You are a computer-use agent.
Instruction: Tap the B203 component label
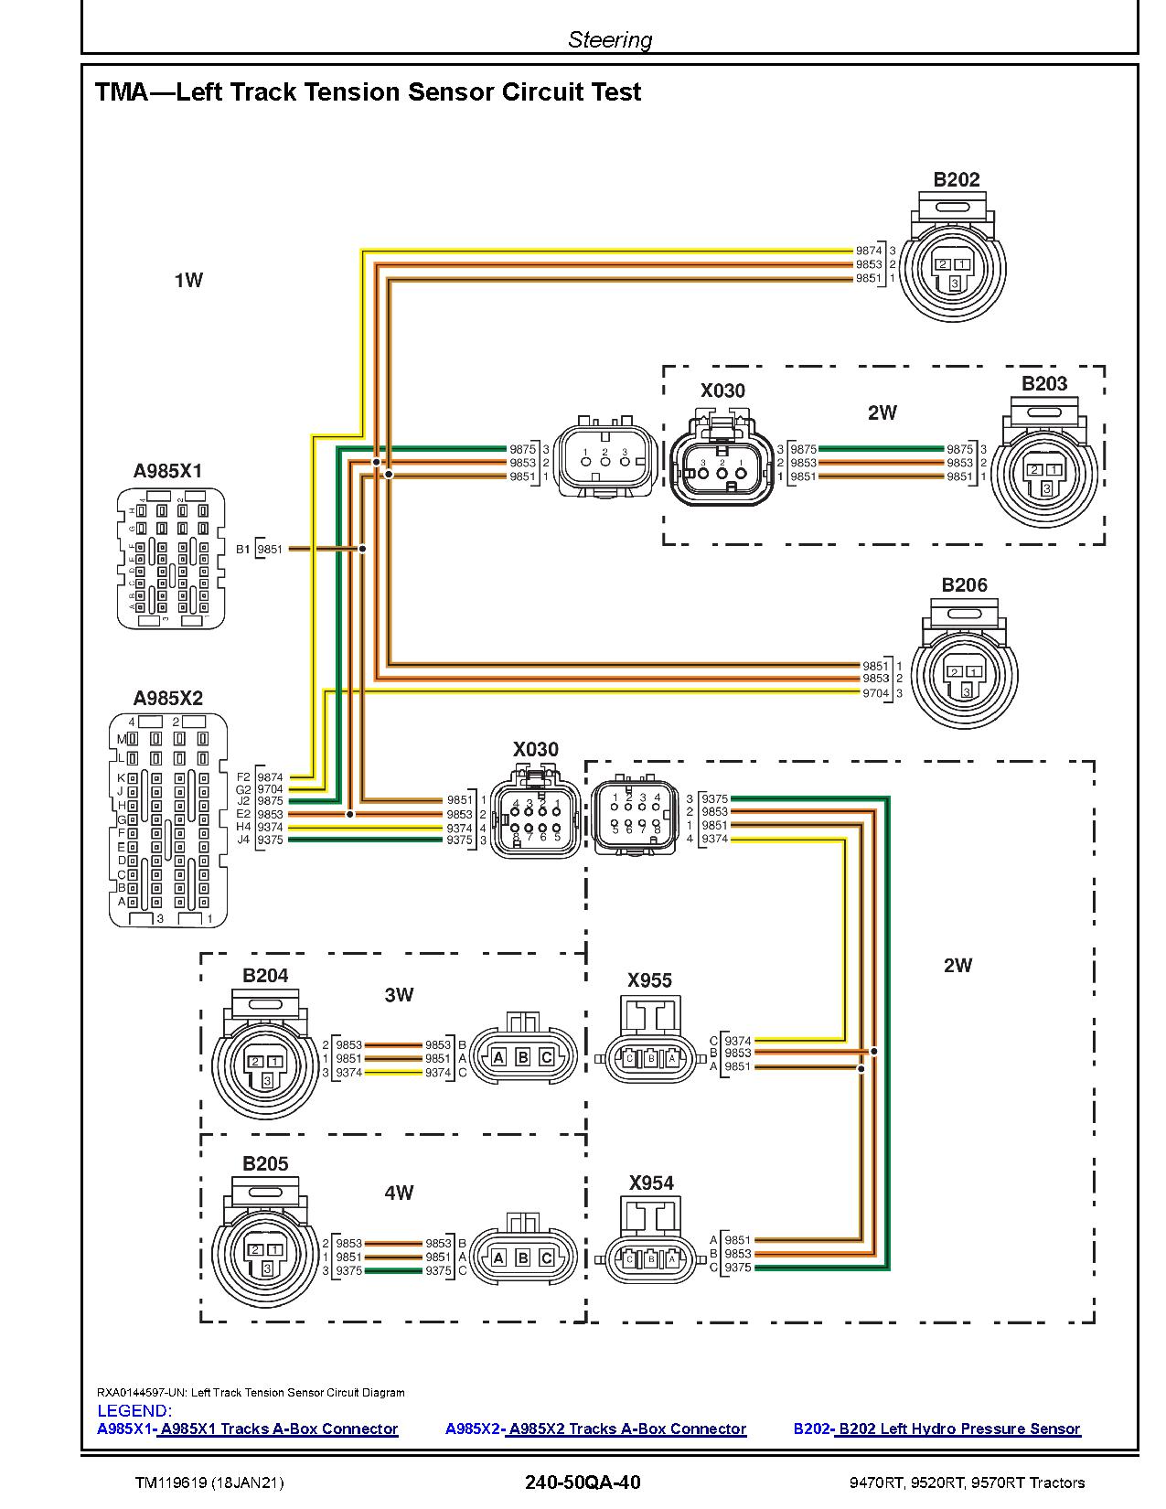pos(1044,384)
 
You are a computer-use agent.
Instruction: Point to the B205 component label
pos(265,1163)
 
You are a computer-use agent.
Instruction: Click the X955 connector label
pos(649,980)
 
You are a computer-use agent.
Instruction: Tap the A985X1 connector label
pos(167,471)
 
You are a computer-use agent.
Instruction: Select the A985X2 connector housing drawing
pos(168,819)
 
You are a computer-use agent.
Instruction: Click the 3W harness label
pos(399,995)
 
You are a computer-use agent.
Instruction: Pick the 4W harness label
pos(399,1193)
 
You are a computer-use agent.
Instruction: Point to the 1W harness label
pos(188,280)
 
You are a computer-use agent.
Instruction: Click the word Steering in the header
pos(610,39)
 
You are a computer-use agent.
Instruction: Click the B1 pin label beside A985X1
pos(242,550)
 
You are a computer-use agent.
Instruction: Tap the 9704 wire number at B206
pos(875,693)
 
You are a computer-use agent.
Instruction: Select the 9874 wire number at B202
pos(868,251)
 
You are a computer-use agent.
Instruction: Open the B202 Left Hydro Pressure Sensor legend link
pos(959,1429)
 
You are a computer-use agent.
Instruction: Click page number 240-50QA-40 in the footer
pos(583,1482)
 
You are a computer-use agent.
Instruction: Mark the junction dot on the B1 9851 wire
pos(362,549)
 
